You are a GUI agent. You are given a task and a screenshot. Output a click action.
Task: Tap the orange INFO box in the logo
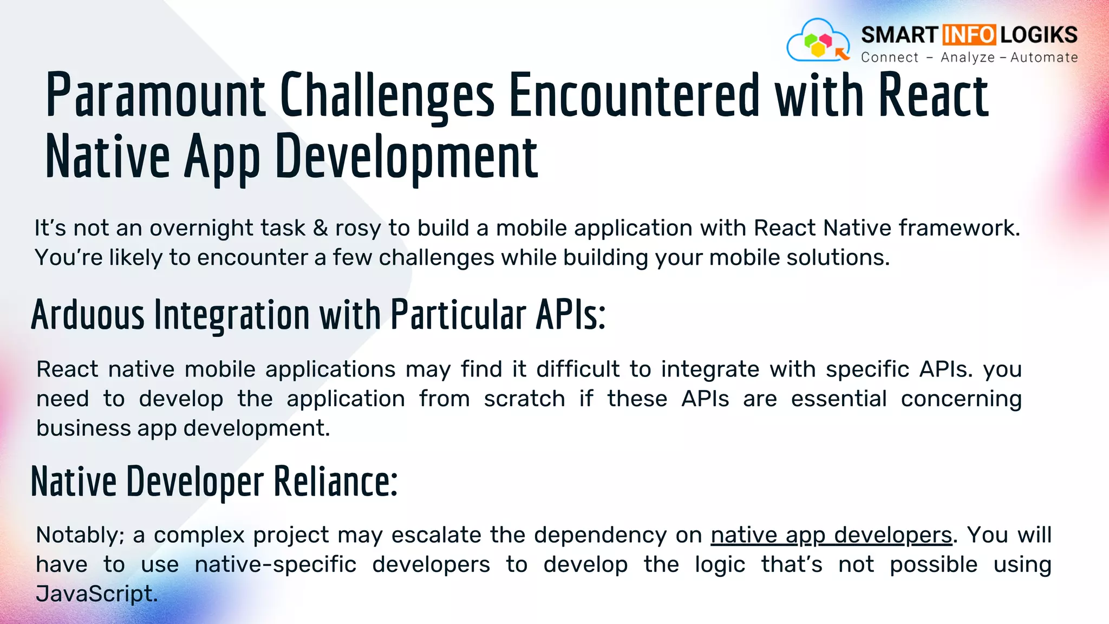click(969, 35)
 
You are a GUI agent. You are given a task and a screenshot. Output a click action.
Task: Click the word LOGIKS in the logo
click(1039, 35)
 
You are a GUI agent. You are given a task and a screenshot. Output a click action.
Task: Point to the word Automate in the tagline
click(1044, 57)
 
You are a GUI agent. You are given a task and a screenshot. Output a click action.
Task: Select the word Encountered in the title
click(635, 95)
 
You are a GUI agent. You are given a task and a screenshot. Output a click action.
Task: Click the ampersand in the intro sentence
click(321, 228)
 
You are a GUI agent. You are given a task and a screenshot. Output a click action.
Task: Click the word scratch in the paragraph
click(524, 399)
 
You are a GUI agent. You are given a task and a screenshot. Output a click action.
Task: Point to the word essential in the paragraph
click(838, 399)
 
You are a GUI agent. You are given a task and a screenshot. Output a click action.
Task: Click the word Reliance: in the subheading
click(335, 482)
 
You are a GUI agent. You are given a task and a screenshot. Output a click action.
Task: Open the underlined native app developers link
click(831, 535)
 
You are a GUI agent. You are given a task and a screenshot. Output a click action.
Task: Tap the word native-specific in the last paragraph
click(276, 565)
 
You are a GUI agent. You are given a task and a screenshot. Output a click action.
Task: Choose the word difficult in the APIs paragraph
click(577, 369)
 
